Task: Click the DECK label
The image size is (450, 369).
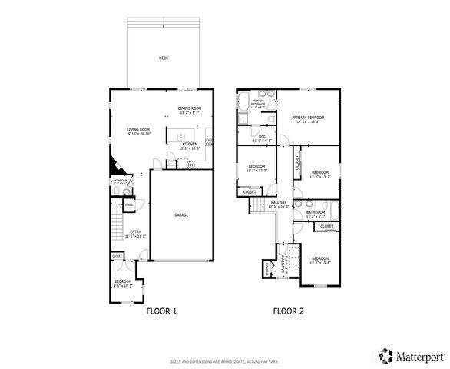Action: coord(163,58)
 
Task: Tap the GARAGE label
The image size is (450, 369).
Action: coord(181,214)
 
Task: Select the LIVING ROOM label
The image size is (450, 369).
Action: coord(138,130)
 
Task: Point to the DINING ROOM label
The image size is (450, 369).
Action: coord(189,109)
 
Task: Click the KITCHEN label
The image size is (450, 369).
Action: coord(190,144)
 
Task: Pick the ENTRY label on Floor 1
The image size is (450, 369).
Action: coord(134,232)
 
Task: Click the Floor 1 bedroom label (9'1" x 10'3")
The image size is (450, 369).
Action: coord(123,282)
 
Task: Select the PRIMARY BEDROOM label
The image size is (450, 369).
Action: coord(308,118)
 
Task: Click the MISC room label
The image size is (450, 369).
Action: coord(262,138)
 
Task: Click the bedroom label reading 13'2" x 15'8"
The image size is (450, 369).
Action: coord(319,259)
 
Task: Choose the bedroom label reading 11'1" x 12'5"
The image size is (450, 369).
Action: coord(256,167)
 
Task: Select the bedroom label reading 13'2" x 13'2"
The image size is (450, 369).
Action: coord(319,172)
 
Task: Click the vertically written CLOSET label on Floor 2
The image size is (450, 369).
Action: coord(296,162)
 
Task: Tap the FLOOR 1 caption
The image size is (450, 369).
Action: coord(161,311)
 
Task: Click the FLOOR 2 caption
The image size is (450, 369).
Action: coord(289,311)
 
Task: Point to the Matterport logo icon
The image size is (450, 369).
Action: coord(383,356)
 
